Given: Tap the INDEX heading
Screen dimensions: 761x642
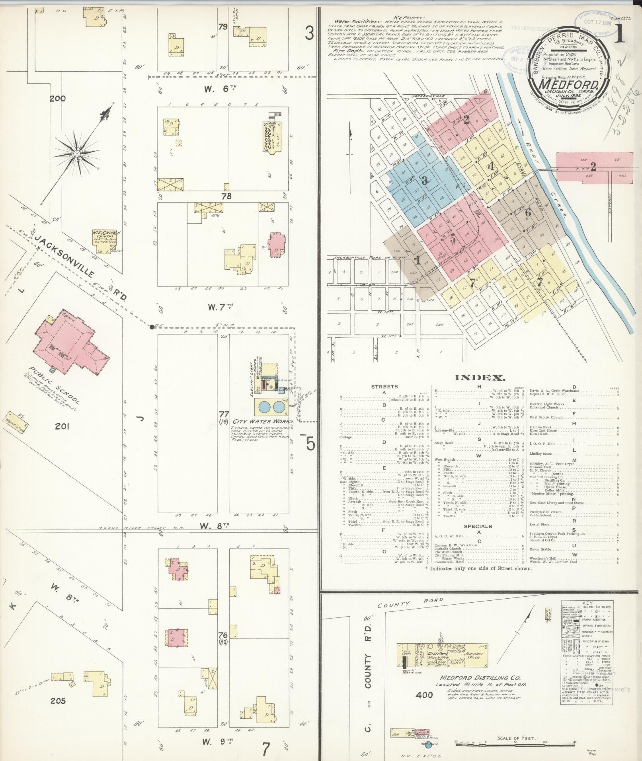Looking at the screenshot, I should coord(480,378).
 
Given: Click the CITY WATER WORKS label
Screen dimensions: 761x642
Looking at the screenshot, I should coord(263,421).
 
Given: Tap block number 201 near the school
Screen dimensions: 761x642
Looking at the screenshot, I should coord(62,426).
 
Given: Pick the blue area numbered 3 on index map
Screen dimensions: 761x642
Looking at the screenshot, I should coord(425,180).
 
